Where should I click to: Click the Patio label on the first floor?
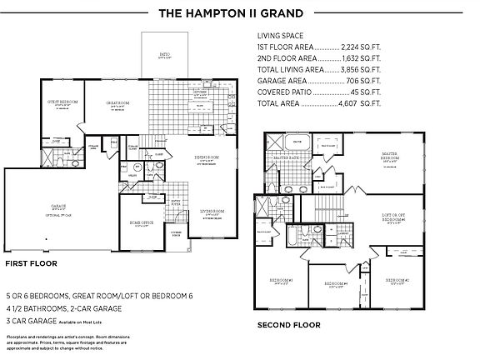click(x=165, y=56)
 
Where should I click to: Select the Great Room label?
click(x=116, y=102)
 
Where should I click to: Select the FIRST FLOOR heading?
click(x=31, y=262)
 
